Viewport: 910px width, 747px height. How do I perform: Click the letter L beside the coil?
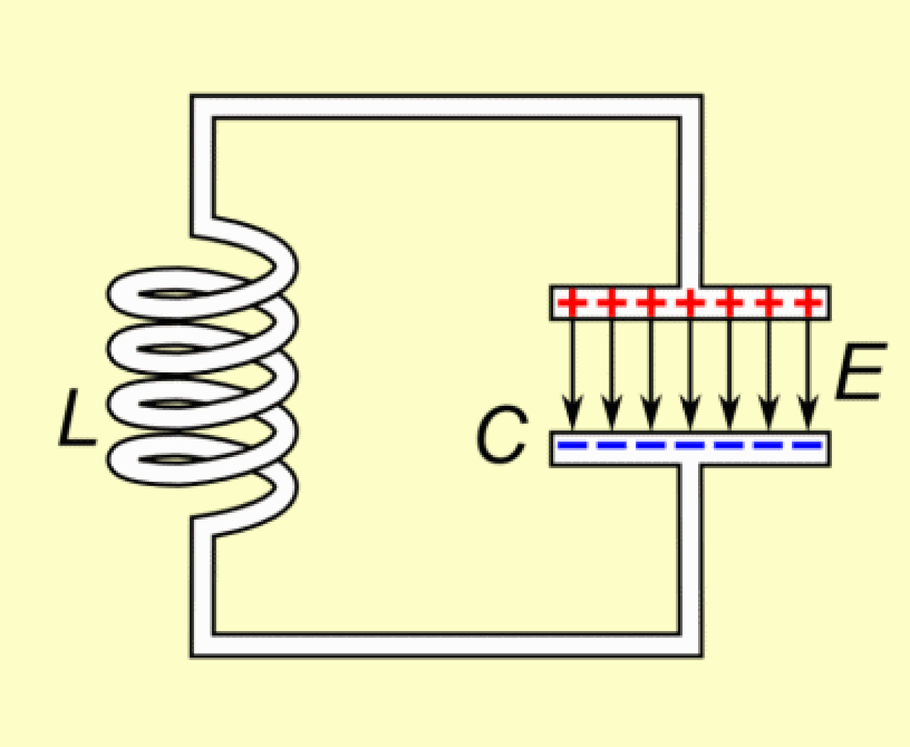point(77,420)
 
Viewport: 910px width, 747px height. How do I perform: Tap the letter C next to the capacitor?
point(502,435)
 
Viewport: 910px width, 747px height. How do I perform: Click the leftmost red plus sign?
point(572,303)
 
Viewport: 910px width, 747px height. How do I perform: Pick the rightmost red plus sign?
point(807,303)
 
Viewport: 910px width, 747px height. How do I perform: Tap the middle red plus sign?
point(690,303)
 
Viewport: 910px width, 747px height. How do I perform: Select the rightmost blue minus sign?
point(807,446)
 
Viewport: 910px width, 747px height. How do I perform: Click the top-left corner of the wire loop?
point(202,107)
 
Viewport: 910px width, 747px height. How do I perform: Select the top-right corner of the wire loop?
point(690,107)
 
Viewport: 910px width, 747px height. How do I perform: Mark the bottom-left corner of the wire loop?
point(202,644)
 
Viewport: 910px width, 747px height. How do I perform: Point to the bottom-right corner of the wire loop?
point(690,644)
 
